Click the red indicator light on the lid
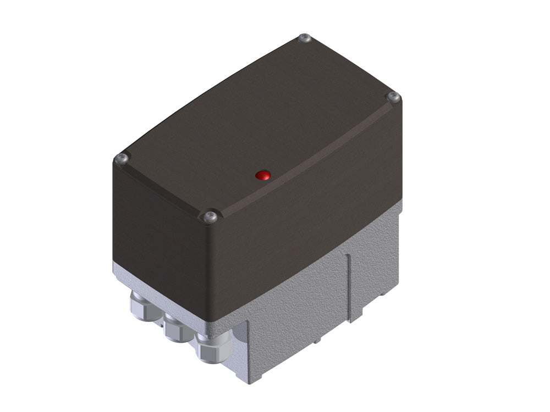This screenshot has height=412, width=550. pos(263,175)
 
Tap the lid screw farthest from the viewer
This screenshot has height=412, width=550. pos(304,38)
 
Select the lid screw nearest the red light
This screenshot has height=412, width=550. pos(209,218)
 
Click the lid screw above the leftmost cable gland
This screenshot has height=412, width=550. pos(122,159)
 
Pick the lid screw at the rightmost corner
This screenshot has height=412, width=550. pos(393,97)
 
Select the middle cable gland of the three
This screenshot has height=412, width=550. pos(175,327)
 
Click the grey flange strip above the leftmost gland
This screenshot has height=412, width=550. pos(124,272)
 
